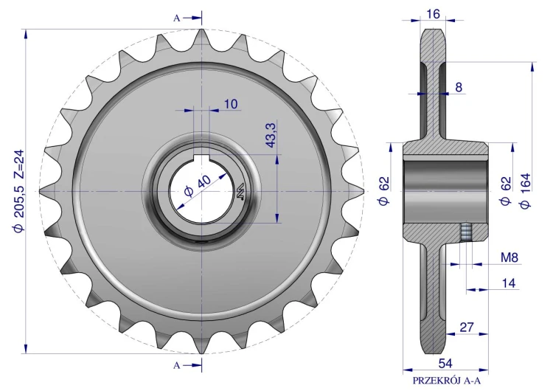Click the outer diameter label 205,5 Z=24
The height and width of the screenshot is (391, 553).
click(18, 190)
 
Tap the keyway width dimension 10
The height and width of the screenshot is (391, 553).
click(231, 104)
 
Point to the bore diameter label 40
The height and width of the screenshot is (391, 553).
click(198, 186)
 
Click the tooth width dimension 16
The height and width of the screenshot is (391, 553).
click(433, 14)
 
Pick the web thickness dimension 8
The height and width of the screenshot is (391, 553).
click(459, 87)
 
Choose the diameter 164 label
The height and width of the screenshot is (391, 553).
click(525, 190)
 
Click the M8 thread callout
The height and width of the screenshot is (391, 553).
click(509, 257)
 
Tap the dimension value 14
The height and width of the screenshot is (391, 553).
click(508, 283)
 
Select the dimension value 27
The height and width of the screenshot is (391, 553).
click(467, 327)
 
